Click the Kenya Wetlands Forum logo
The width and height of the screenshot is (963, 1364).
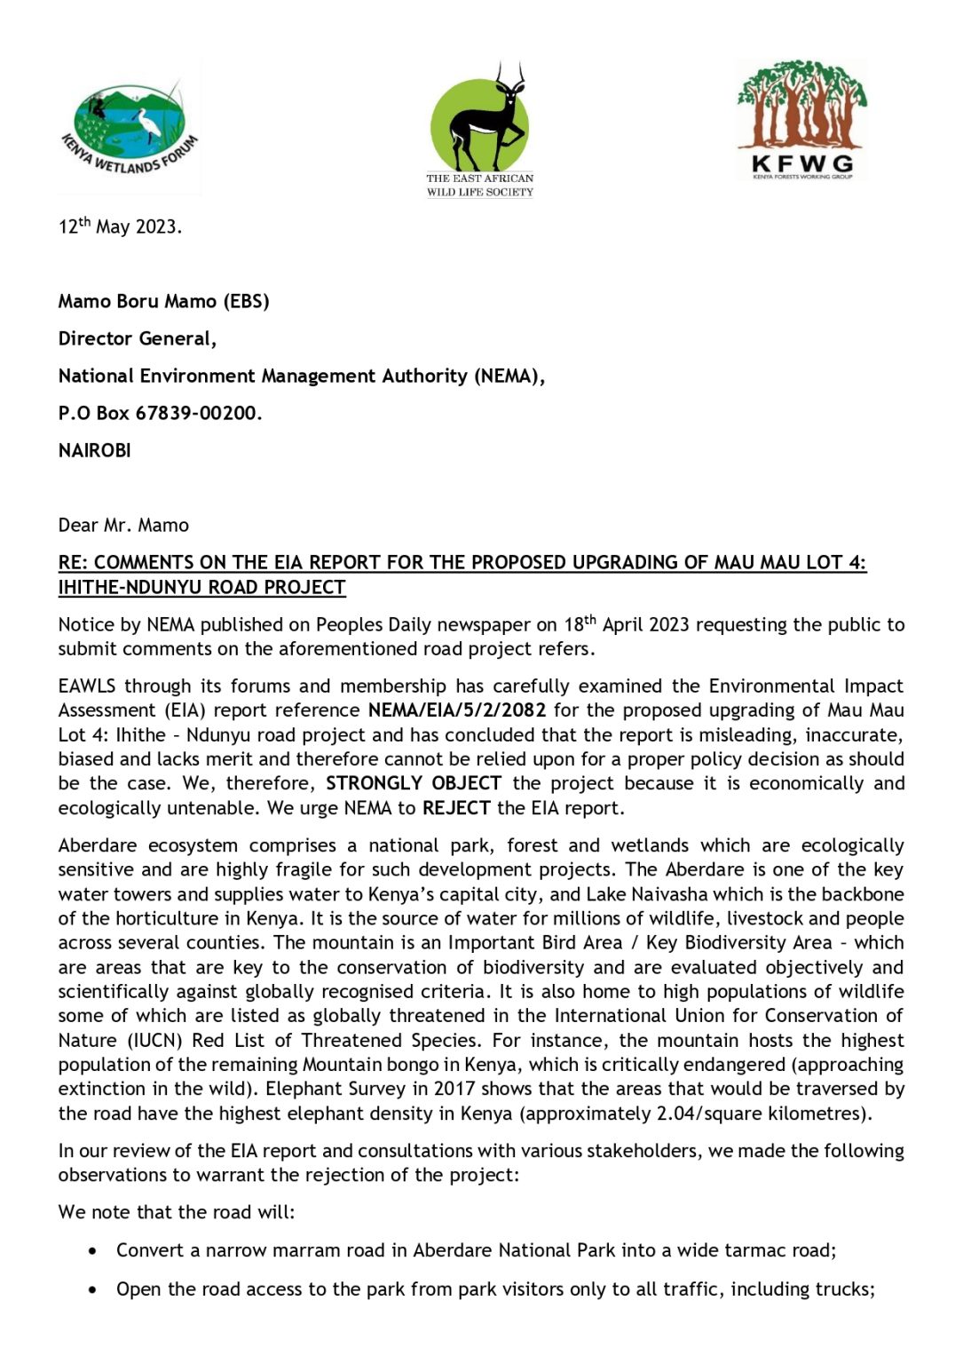pos(130,127)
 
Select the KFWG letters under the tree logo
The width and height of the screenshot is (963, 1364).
pos(801,163)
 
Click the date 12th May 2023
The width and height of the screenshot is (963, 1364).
pos(120,226)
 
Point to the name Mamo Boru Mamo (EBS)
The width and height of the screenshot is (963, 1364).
pos(163,301)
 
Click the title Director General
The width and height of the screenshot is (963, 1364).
pos(137,338)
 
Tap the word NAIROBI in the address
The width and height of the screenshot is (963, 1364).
pos(94,450)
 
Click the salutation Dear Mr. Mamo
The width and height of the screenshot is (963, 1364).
pos(123,525)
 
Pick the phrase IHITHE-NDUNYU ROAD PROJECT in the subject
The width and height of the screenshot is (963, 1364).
pos(201,587)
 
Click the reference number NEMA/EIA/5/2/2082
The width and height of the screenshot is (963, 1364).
pos(456,710)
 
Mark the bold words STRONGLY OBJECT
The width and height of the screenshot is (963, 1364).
pos(413,783)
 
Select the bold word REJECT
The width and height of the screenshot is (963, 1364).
pos(456,808)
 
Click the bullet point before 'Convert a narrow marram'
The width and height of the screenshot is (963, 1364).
pos(93,1250)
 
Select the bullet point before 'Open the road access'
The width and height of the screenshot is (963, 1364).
pos(93,1289)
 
